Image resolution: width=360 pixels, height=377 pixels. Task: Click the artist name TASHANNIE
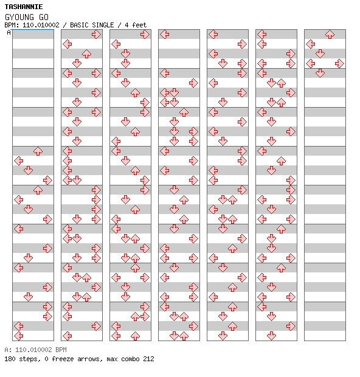click(24, 7)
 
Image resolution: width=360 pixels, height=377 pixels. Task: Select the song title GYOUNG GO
click(27, 17)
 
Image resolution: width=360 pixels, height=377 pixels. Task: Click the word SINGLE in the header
click(103, 25)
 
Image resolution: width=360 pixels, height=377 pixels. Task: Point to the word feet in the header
click(139, 25)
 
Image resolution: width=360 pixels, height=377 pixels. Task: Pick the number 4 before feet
click(126, 25)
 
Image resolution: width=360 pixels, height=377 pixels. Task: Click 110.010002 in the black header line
click(41, 25)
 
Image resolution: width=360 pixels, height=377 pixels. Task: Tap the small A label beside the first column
click(9, 32)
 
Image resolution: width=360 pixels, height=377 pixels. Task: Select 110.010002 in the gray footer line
click(33, 350)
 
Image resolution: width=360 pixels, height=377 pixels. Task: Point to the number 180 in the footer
click(10, 359)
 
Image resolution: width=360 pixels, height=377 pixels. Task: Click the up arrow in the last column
click(330, 35)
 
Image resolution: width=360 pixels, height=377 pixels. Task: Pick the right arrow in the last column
click(339, 63)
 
